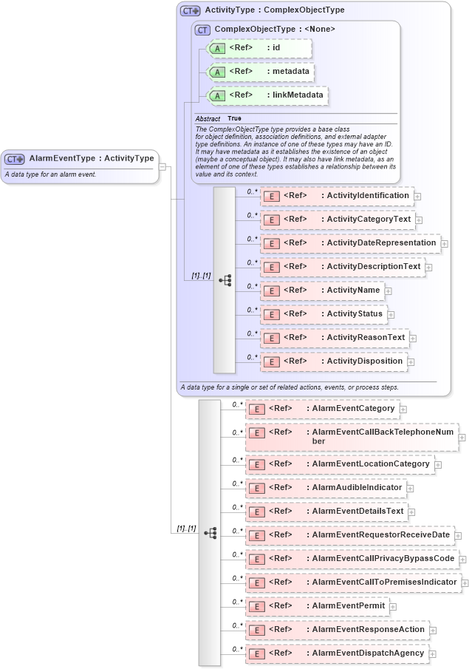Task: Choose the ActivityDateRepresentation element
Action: [x=349, y=243]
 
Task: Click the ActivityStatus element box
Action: [x=323, y=314]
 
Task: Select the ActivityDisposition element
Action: [x=333, y=361]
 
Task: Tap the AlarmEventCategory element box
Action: [x=322, y=409]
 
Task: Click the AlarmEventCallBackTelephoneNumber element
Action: [x=351, y=436]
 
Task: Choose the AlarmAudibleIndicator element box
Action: [x=326, y=488]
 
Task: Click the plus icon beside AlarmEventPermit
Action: [x=393, y=607]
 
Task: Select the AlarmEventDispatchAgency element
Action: [x=337, y=653]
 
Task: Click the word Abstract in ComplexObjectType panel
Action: [x=208, y=119]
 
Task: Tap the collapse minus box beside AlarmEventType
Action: [x=162, y=166]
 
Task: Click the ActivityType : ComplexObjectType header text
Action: [x=274, y=10]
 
